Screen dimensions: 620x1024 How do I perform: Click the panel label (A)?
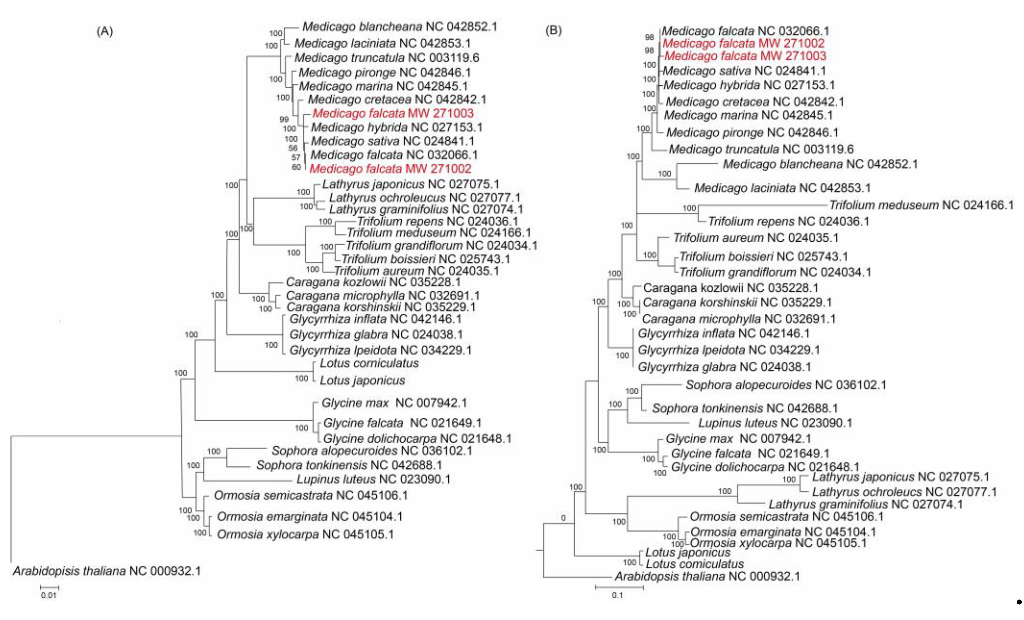[x=105, y=32]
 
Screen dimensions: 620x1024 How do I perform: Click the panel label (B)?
[x=553, y=30]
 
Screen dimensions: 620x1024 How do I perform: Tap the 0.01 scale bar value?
[x=49, y=595]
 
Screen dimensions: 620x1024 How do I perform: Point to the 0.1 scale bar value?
[x=617, y=595]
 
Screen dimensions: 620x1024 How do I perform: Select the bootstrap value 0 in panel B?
[x=563, y=518]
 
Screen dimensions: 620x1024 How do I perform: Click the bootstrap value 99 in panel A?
[x=284, y=119]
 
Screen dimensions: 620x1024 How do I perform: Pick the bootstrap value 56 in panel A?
[x=293, y=148]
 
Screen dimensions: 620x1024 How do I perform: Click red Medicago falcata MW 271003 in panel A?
[x=393, y=113]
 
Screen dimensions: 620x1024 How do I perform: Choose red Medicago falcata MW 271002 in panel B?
[x=743, y=43]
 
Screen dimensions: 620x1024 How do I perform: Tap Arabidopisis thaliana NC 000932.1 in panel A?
[x=107, y=571]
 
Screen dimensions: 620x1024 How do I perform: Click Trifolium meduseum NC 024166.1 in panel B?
[x=921, y=205]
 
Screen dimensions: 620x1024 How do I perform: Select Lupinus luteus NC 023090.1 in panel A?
[x=373, y=479]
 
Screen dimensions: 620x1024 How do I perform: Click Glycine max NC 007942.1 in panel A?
[x=394, y=403]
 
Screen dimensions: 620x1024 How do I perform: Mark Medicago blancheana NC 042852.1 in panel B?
[x=820, y=164]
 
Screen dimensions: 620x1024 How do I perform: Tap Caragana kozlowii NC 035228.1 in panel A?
[x=373, y=282]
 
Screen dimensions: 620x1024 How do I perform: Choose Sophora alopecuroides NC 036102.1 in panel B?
[x=785, y=385]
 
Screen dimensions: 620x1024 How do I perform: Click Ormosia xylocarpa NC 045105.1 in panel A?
[x=305, y=534]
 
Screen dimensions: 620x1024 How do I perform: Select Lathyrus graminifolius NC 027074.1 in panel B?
[x=865, y=504]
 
